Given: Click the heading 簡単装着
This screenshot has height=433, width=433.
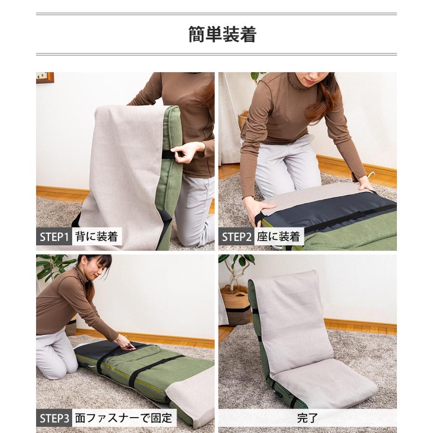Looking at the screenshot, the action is click(x=222, y=34).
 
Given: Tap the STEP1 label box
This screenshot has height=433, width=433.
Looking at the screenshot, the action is click(x=54, y=237).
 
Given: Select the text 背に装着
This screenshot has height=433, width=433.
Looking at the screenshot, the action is click(x=97, y=237).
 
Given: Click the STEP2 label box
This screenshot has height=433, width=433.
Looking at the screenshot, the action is click(x=236, y=237).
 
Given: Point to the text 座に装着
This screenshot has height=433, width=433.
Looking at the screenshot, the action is click(x=279, y=237).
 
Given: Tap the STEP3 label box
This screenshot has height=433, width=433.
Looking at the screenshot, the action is click(x=54, y=418).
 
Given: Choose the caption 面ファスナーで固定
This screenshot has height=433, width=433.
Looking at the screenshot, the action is click(x=124, y=418).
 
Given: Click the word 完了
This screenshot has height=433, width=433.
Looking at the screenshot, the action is click(x=307, y=418).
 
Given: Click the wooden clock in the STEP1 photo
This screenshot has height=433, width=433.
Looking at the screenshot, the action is click(x=45, y=77).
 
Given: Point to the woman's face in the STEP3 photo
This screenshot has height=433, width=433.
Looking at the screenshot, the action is click(x=95, y=268).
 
